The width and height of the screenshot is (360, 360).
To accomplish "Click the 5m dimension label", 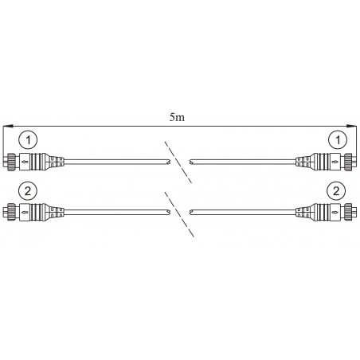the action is coord(177,117).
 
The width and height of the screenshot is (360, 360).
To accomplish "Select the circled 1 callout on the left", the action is coord(28,139).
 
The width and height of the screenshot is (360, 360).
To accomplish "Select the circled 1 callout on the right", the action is coord(338,139).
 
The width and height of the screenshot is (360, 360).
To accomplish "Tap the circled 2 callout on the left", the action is coord(28,191).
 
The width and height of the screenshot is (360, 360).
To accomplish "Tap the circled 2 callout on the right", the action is coord(336,191).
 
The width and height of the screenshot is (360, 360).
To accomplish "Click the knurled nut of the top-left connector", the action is coord(12,161).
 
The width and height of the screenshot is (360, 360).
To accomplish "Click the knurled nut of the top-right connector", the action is coord(348,161).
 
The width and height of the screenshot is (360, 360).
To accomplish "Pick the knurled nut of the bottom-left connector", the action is coord(11,212).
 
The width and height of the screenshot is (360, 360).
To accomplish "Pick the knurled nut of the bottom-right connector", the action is coord(348,212).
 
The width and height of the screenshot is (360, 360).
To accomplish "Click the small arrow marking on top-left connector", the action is coord(25,161).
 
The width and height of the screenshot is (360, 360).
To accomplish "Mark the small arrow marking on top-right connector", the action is coord(335,161).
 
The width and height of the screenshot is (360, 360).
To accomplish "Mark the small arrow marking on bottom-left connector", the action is coord(25,212).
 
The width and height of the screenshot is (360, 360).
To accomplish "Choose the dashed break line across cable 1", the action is coord(178,162).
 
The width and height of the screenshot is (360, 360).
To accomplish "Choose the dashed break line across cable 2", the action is coord(179,214).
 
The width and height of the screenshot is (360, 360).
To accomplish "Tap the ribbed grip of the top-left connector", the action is coord(36,161).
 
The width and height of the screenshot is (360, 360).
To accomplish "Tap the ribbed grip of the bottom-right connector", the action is coord(324,212).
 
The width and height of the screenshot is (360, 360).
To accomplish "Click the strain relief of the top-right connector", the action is coord(304,161).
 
